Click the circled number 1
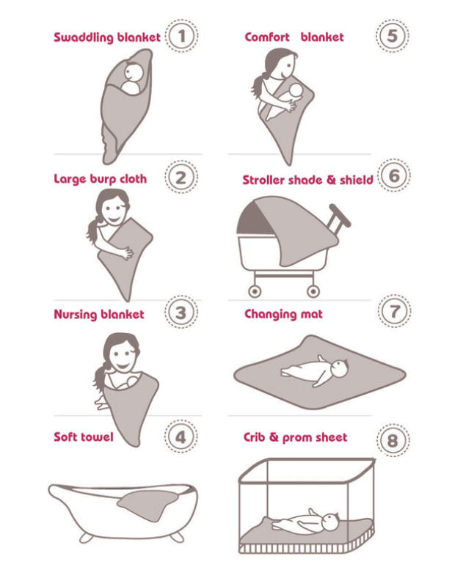pyautogui.click(x=182, y=36)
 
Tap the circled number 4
pyautogui.click(x=181, y=436)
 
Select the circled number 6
pyautogui.click(x=394, y=176)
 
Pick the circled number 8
pyautogui.click(x=393, y=441)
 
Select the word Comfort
pyautogui.click(x=267, y=37)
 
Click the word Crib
pyautogui.click(x=254, y=437)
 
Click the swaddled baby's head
pyautogui.click(x=133, y=72)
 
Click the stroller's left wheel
pyautogui.click(x=255, y=291)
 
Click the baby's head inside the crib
pyautogui.click(x=330, y=522)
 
